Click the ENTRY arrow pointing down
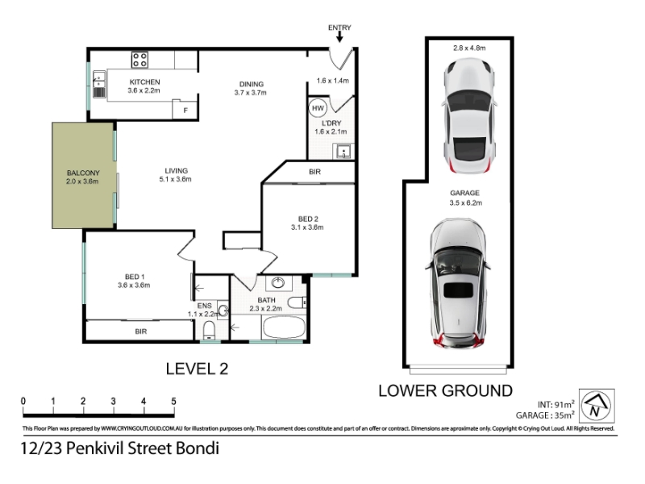(x=339, y=37)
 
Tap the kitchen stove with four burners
(x=139, y=60)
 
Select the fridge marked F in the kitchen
(x=185, y=110)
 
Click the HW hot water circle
(x=318, y=108)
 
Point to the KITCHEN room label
(x=145, y=82)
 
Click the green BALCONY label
(x=83, y=173)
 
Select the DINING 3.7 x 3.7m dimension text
(x=251, y=93)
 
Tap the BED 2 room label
(x=308, y=219)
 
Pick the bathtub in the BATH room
(x=284, y=328)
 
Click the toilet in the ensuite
(x=210, y=330)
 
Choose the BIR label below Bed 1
(x=140, y=332)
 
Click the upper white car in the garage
(x=469, y=115)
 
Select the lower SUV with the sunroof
(x=457, y=283)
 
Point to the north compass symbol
(x=597, y=406)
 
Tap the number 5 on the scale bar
(x=173, y=401)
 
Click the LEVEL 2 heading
(x=197, y=369)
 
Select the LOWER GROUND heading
(x=446, y=391)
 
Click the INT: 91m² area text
(x=556, y=404)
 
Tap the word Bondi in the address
(x=198, y=449)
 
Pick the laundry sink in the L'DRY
(x=343, y=151)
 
